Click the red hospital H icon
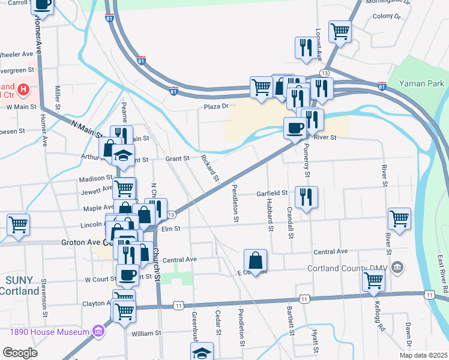23,89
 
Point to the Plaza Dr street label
217,106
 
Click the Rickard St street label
210,168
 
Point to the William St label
146,333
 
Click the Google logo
20,353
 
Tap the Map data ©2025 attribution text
424,355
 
